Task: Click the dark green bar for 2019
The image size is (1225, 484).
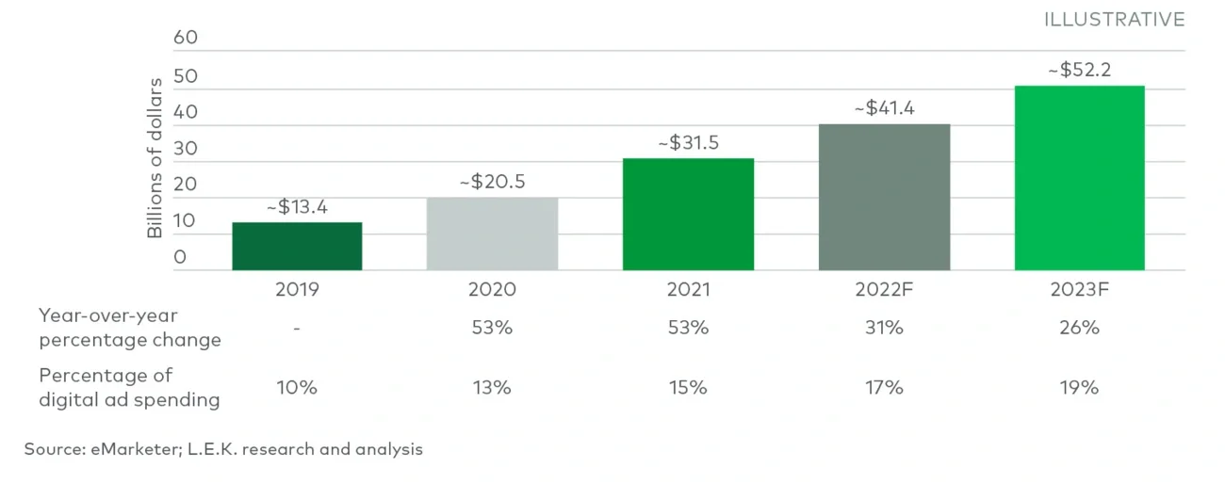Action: tap(297, 247)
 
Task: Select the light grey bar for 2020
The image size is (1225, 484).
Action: tap(492, 234)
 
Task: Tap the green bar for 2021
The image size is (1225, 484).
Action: tap(688, 215)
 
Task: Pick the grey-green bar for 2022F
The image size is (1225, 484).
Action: tap(884, 197)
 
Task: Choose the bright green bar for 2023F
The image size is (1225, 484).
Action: tap(1079, 178)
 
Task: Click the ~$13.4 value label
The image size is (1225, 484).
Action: tap(297, 207)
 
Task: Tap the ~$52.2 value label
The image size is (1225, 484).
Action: tap(1079, 71)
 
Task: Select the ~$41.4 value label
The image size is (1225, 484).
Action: tap(884, 108)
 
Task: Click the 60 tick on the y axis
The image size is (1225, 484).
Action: tap(186, 39)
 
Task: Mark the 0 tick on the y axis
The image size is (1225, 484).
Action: tap(180, 256)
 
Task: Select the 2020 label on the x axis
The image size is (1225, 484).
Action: tap(492, 290)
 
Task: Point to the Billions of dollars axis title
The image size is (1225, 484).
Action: tap(155, 157)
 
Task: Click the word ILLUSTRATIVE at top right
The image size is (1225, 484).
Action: tap(1114, 20)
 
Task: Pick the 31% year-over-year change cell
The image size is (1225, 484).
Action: tap(884, 328)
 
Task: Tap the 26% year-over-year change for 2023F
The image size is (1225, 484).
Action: tap(1079, 328)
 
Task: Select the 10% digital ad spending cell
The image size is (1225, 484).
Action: tap(297, 387)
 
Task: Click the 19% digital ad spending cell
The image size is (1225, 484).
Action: tap(1079, 387)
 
